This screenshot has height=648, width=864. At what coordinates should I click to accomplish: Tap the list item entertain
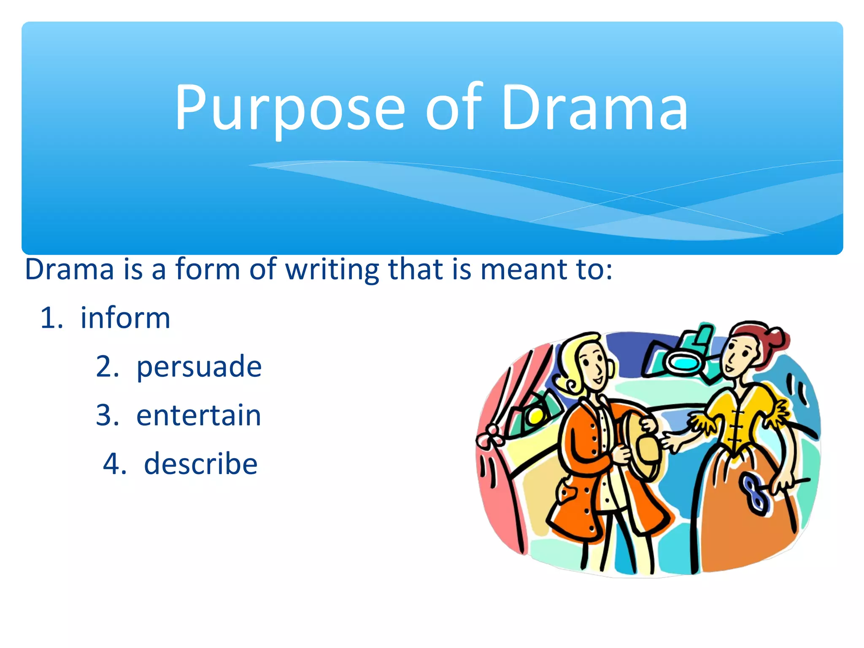199,415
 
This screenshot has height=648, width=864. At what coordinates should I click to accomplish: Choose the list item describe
200,464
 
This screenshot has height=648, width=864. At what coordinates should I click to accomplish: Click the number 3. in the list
107,415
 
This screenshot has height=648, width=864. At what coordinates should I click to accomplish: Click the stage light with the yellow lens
534,416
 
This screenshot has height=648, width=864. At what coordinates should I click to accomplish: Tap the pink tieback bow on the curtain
489,437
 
